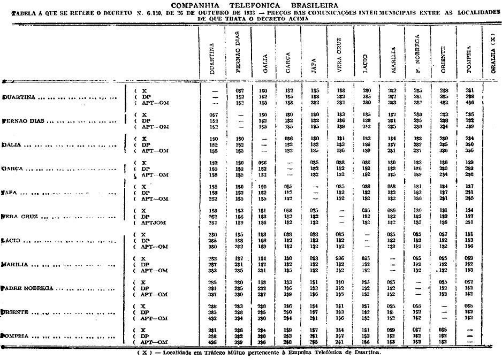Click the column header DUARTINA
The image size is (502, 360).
[x=213, y=58]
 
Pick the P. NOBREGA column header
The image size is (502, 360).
[x=417, y=54]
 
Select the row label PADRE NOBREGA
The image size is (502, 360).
[x=28, y=288]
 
